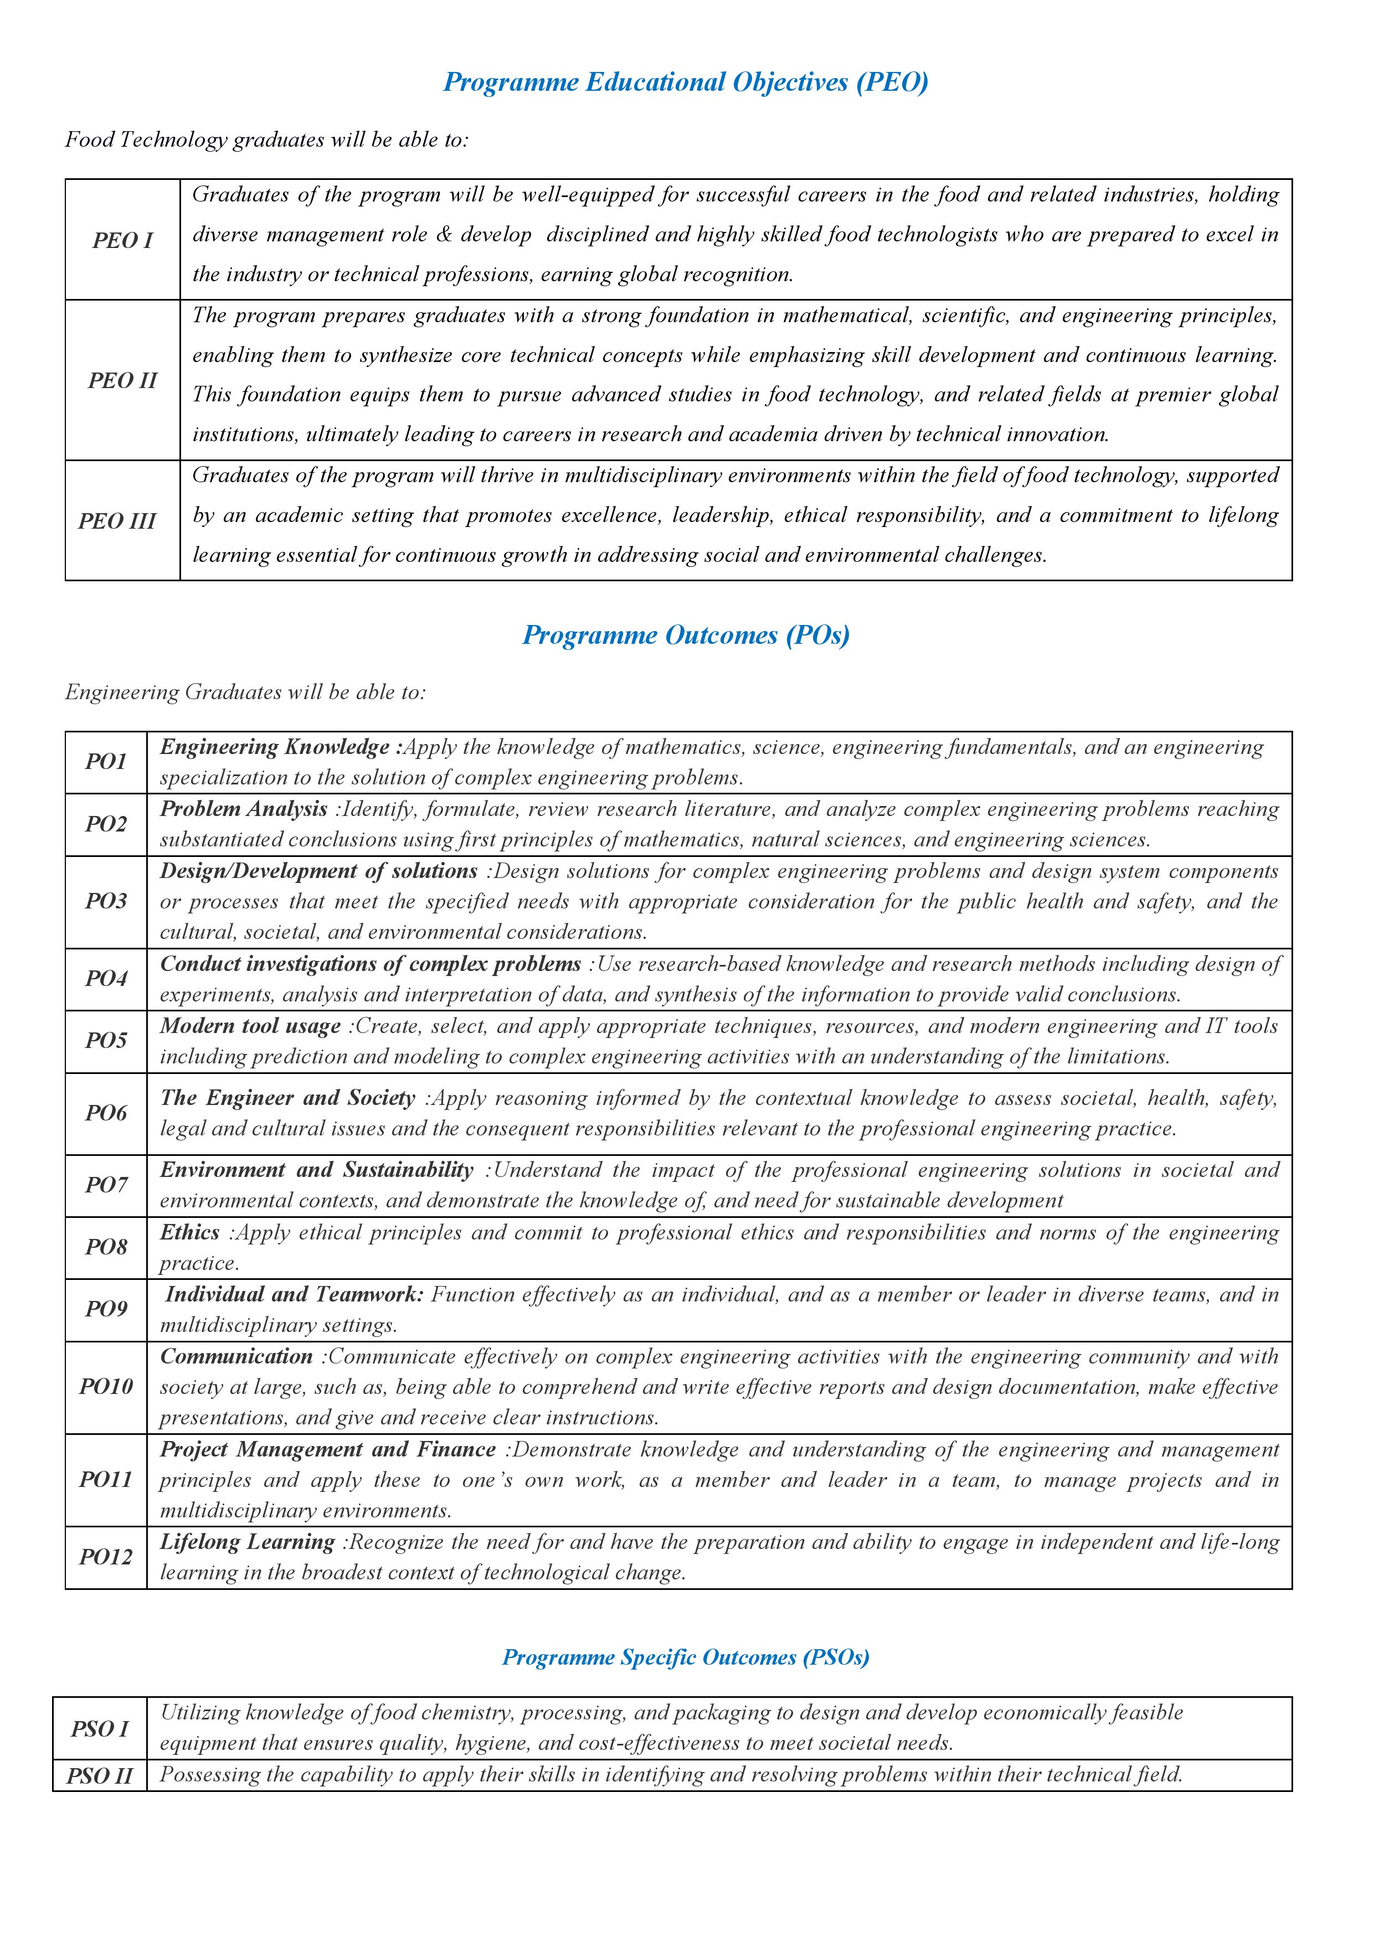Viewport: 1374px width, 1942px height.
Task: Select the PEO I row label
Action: [123, 240]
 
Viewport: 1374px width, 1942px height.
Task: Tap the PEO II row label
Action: [123, 381]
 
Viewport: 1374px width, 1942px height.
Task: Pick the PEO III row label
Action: [117, 521]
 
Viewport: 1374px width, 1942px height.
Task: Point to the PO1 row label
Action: [106, 762]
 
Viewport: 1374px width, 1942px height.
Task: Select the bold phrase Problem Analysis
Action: [244, 809]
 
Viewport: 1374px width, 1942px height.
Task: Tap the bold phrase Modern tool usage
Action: [250, 1027]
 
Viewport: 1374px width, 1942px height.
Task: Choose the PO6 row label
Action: [106, 1114]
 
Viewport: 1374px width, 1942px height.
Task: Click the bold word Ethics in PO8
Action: [191, 1233]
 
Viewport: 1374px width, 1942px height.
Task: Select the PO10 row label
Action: [106, 1387]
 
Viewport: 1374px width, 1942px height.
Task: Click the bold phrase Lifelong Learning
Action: [248, 1543]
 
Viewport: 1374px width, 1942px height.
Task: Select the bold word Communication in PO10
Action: [237, 1357]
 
